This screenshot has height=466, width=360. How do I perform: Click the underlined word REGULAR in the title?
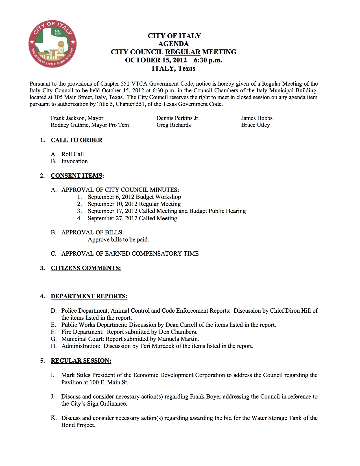click(x=183, y=52)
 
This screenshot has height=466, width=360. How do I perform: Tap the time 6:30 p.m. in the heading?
click(x=208, y=60)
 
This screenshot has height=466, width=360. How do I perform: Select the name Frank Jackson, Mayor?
click(x=77, y=118)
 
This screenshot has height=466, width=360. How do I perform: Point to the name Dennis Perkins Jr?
click(x=178, y=118)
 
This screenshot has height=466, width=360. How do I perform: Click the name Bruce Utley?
click(x=256, y=125)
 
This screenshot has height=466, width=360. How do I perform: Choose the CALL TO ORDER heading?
click(x=77, y=140)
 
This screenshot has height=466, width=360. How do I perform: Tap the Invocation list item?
click(x=75, y=161)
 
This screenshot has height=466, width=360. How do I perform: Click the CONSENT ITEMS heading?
click(x=77, y=176)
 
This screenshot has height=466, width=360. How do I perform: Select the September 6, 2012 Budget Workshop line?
click(x=134, y=197)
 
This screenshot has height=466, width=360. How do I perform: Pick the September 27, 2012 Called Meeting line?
click(x=132, y=218)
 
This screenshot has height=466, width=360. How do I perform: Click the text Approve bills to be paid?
click(x=118, y=239)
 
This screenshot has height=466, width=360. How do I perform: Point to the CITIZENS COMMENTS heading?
click(x=86, y=268)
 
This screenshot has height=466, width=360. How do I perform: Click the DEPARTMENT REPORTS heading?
click(x=89, y=296)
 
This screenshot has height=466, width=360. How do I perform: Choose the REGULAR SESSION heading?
click(x=81, y=361)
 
